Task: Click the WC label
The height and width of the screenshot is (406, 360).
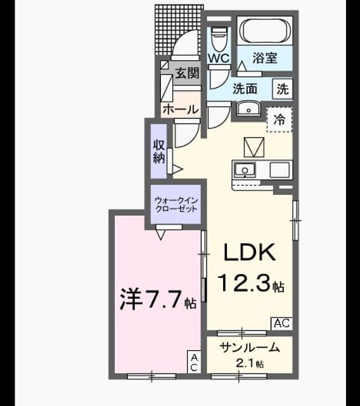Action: click(x=219, y=58)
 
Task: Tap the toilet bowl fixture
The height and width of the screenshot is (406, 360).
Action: click(x=219, y=39)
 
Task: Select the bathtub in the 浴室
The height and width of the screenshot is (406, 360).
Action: click(x=264, y=31)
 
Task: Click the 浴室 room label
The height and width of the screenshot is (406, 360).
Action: click(x=265, y=58)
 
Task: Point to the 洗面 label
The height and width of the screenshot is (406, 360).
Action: click(x=245, y=89)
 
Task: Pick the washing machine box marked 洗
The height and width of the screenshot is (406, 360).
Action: click(x=283, y=89)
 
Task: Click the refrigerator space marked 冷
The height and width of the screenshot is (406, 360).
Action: click(x=280, y=120)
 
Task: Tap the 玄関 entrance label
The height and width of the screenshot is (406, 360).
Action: click(x=188, y=73)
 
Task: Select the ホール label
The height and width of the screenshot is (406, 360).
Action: click(x=181, y=109)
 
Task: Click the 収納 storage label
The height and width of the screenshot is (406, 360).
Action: click(x=159, y=151)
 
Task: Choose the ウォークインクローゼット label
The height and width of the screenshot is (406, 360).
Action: click(x=176, y=204)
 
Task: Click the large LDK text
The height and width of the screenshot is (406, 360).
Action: click(x=249, y=252)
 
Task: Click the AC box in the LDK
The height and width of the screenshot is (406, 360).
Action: click(x=281, y=324)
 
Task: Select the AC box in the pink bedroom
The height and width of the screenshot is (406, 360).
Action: click(x=194, y=362)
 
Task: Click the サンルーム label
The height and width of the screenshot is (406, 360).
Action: click(x=250, y=348)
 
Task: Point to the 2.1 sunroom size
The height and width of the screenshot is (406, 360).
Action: click(x=245, y=363)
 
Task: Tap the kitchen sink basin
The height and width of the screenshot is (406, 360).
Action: click(x=245, y=170)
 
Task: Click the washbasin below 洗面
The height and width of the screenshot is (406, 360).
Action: click(x=248, y=109)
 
